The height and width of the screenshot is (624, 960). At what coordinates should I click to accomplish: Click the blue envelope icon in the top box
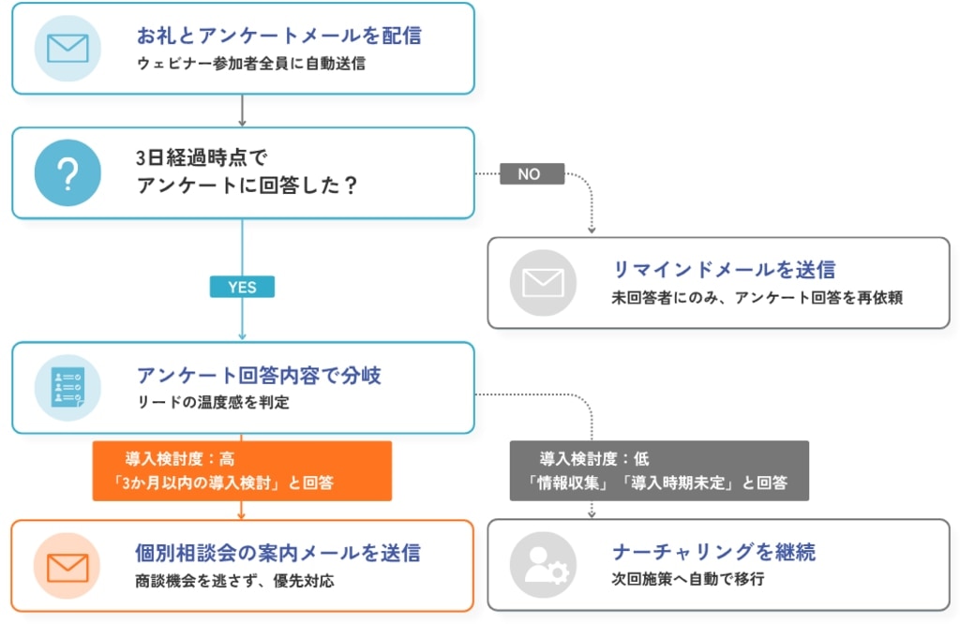coord(67,49)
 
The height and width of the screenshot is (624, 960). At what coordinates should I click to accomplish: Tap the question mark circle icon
coord(67,172)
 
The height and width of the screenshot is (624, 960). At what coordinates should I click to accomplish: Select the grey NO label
coord(532,173)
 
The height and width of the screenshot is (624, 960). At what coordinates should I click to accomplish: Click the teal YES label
coord(242,287)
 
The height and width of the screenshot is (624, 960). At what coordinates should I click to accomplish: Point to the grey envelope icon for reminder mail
coord(543,283)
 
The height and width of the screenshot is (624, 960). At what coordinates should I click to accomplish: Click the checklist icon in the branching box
coord(67,388)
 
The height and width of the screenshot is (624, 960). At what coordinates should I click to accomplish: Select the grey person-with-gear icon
coord(543,565)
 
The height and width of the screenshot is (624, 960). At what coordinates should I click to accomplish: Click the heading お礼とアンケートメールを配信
coord(279,36)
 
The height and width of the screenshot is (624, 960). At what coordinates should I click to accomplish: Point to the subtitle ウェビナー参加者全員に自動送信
coord(251,64)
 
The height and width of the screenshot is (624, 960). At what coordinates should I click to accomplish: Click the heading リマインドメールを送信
coord(725,269)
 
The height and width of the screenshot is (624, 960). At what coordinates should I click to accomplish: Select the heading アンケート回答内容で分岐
coord(259,375)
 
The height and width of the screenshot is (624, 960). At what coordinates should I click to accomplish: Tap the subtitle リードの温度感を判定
coord(213,403)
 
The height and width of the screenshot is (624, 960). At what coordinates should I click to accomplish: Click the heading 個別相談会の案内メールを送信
coord(277,553)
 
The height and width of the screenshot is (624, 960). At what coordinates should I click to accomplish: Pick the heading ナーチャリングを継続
coord(713,552)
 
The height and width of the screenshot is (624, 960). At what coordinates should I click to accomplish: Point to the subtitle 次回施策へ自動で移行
coord(688,579)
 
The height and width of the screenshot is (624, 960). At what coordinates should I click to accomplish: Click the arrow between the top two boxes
coord(242,111)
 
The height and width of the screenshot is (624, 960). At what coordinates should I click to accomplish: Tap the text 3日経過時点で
coord(202,157)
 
